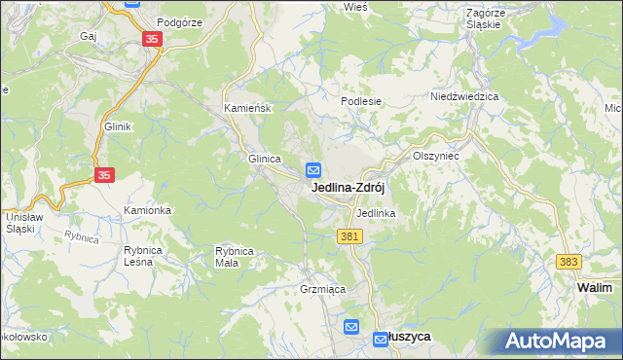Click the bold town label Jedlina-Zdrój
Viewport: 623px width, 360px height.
point(351,188)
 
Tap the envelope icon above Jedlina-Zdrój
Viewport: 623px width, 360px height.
point(313,168)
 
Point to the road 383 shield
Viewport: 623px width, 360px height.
point(569,263)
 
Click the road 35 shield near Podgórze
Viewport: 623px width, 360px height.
point(151,39)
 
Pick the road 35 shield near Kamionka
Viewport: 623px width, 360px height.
point(105,175)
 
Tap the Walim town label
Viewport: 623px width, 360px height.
point(594,288)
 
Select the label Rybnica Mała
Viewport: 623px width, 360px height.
point(235,256)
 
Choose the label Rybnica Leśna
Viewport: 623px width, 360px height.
point(142,255)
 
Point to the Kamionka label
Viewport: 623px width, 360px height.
point(147,210)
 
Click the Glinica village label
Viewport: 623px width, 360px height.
point(265,159)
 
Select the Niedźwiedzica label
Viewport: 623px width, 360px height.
point(464,97)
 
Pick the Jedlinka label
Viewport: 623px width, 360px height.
point(375,212)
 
